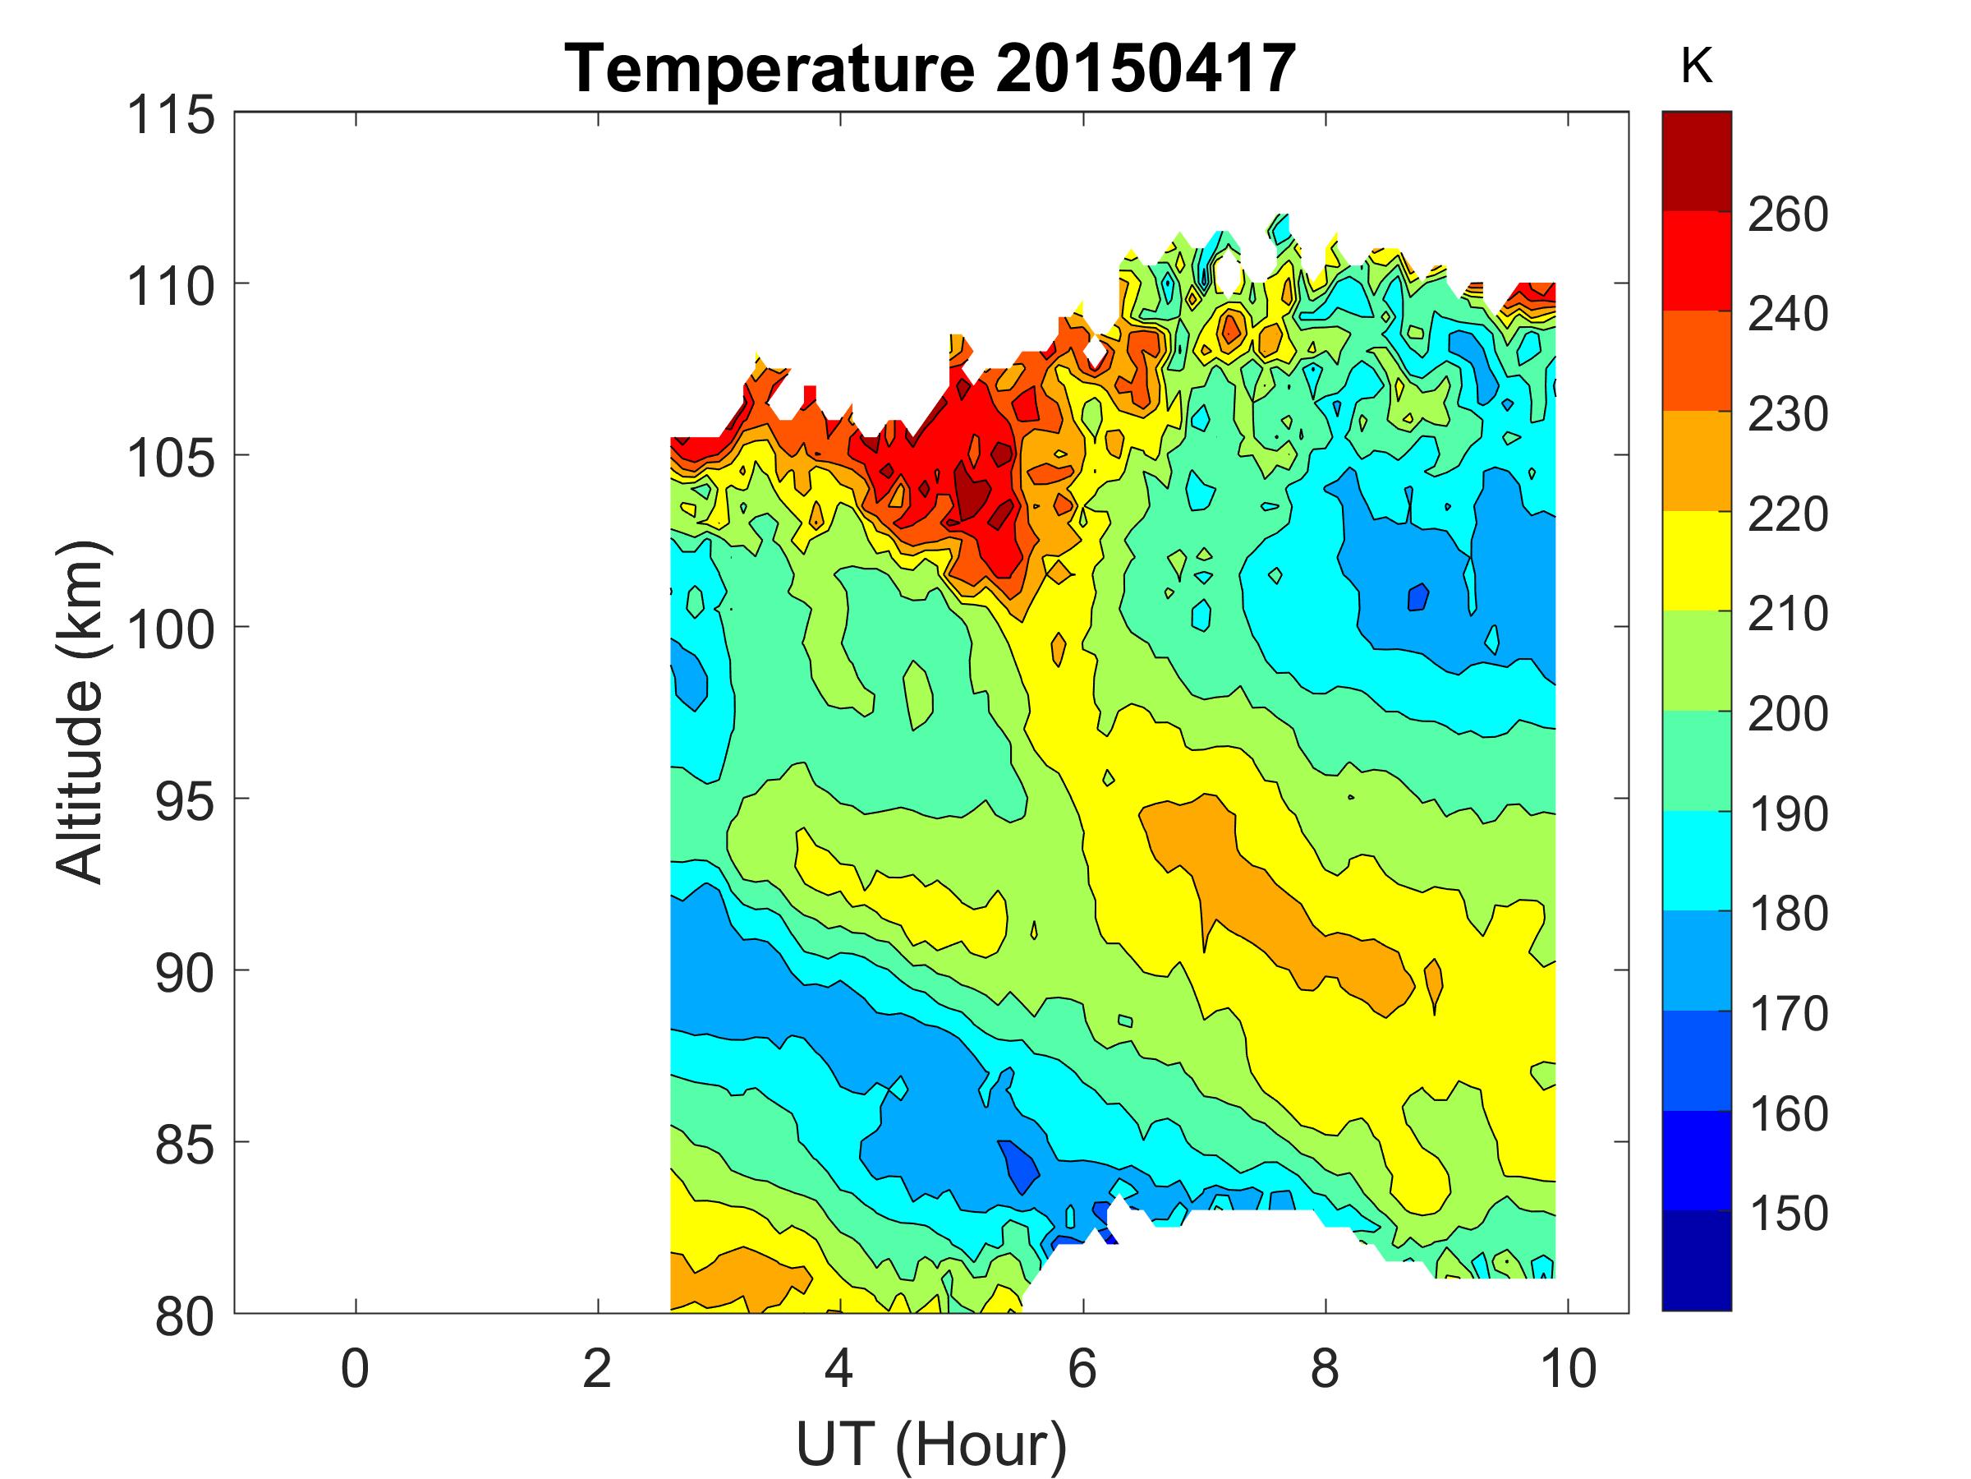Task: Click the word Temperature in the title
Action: tap(771, 70)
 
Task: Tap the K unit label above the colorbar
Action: tap(1696, 67)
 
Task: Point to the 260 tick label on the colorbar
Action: tap(1787, 214)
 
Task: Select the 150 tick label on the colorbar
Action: tap(1787, 1214)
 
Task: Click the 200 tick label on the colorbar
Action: tap(1787, 714)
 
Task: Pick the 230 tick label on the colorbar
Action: tap(1787, 415)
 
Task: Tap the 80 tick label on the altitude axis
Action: tap(186, 1317)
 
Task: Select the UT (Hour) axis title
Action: tap(931, 1444)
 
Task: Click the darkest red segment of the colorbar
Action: tap(1696, 161)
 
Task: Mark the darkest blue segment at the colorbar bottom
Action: tap(1696, 1260)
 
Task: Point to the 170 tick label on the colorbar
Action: tap(1787, 1014)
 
